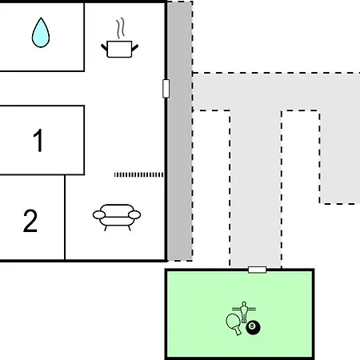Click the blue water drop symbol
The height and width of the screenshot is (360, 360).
pyautogui.click(x=41, y=33)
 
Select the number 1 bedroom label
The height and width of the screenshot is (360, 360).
pyautogui.click(x=38, y=140)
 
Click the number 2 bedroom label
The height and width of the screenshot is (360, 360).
pyautogui.click(x=30, y=221)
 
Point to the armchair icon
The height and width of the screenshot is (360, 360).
pyautogui.click(x=117, y=218)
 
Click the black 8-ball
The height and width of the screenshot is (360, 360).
pyautogui.click(x=253, y=327)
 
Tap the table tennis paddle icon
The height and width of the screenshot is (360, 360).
pyautogui.click(x=234, y=323)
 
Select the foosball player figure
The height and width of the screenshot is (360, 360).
pyautogui.click(x=244, y=311)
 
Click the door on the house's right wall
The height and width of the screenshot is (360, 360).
pyautogui.click(x=166, y=89)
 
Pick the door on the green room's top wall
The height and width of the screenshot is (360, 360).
pyautogui.click(x=257, y=270)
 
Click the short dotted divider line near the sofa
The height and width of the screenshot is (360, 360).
pyautogui.click(x=138, y=174)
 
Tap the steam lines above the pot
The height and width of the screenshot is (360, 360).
pyautogui.click(x=121, y=28)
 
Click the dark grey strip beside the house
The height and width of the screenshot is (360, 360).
pyautogui.click(x=180, y=130)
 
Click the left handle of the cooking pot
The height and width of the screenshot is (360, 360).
pyautogui.click(x=104, y=48)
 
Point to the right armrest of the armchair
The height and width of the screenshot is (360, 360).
pyautogui.click(x=134, y=214)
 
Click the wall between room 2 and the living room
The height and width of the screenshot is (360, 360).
pyautogui.click(x=65, y=217)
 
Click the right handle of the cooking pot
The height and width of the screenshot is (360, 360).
pyautogui.click(x=135, y=48)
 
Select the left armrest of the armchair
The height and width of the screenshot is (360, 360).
pyautogui.click(x=99, y=214)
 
